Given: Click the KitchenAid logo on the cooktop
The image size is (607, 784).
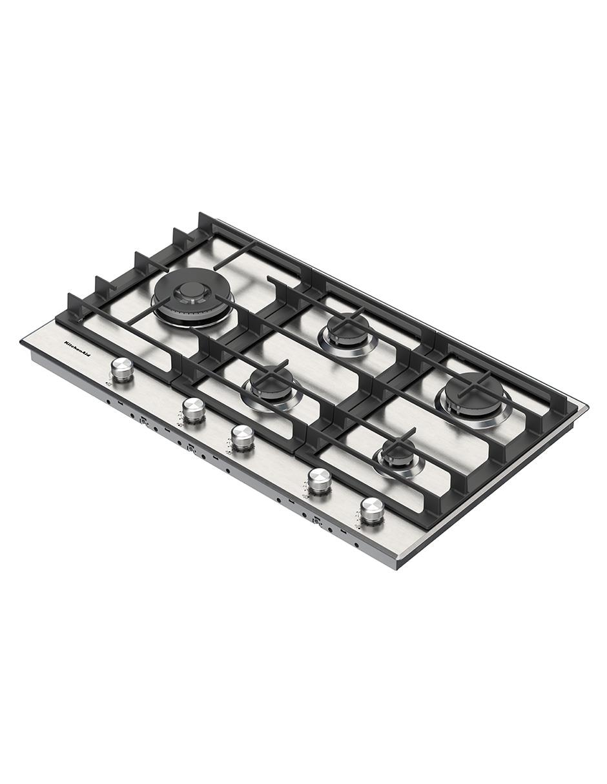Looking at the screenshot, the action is [77, 349].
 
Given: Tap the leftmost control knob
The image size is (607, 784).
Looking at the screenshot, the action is [121, 370].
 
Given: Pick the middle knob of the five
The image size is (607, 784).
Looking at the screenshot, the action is [242, 438].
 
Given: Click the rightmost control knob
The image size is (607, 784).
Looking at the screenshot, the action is [371, 510].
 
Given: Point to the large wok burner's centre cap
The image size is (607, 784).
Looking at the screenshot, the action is [191, 290].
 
